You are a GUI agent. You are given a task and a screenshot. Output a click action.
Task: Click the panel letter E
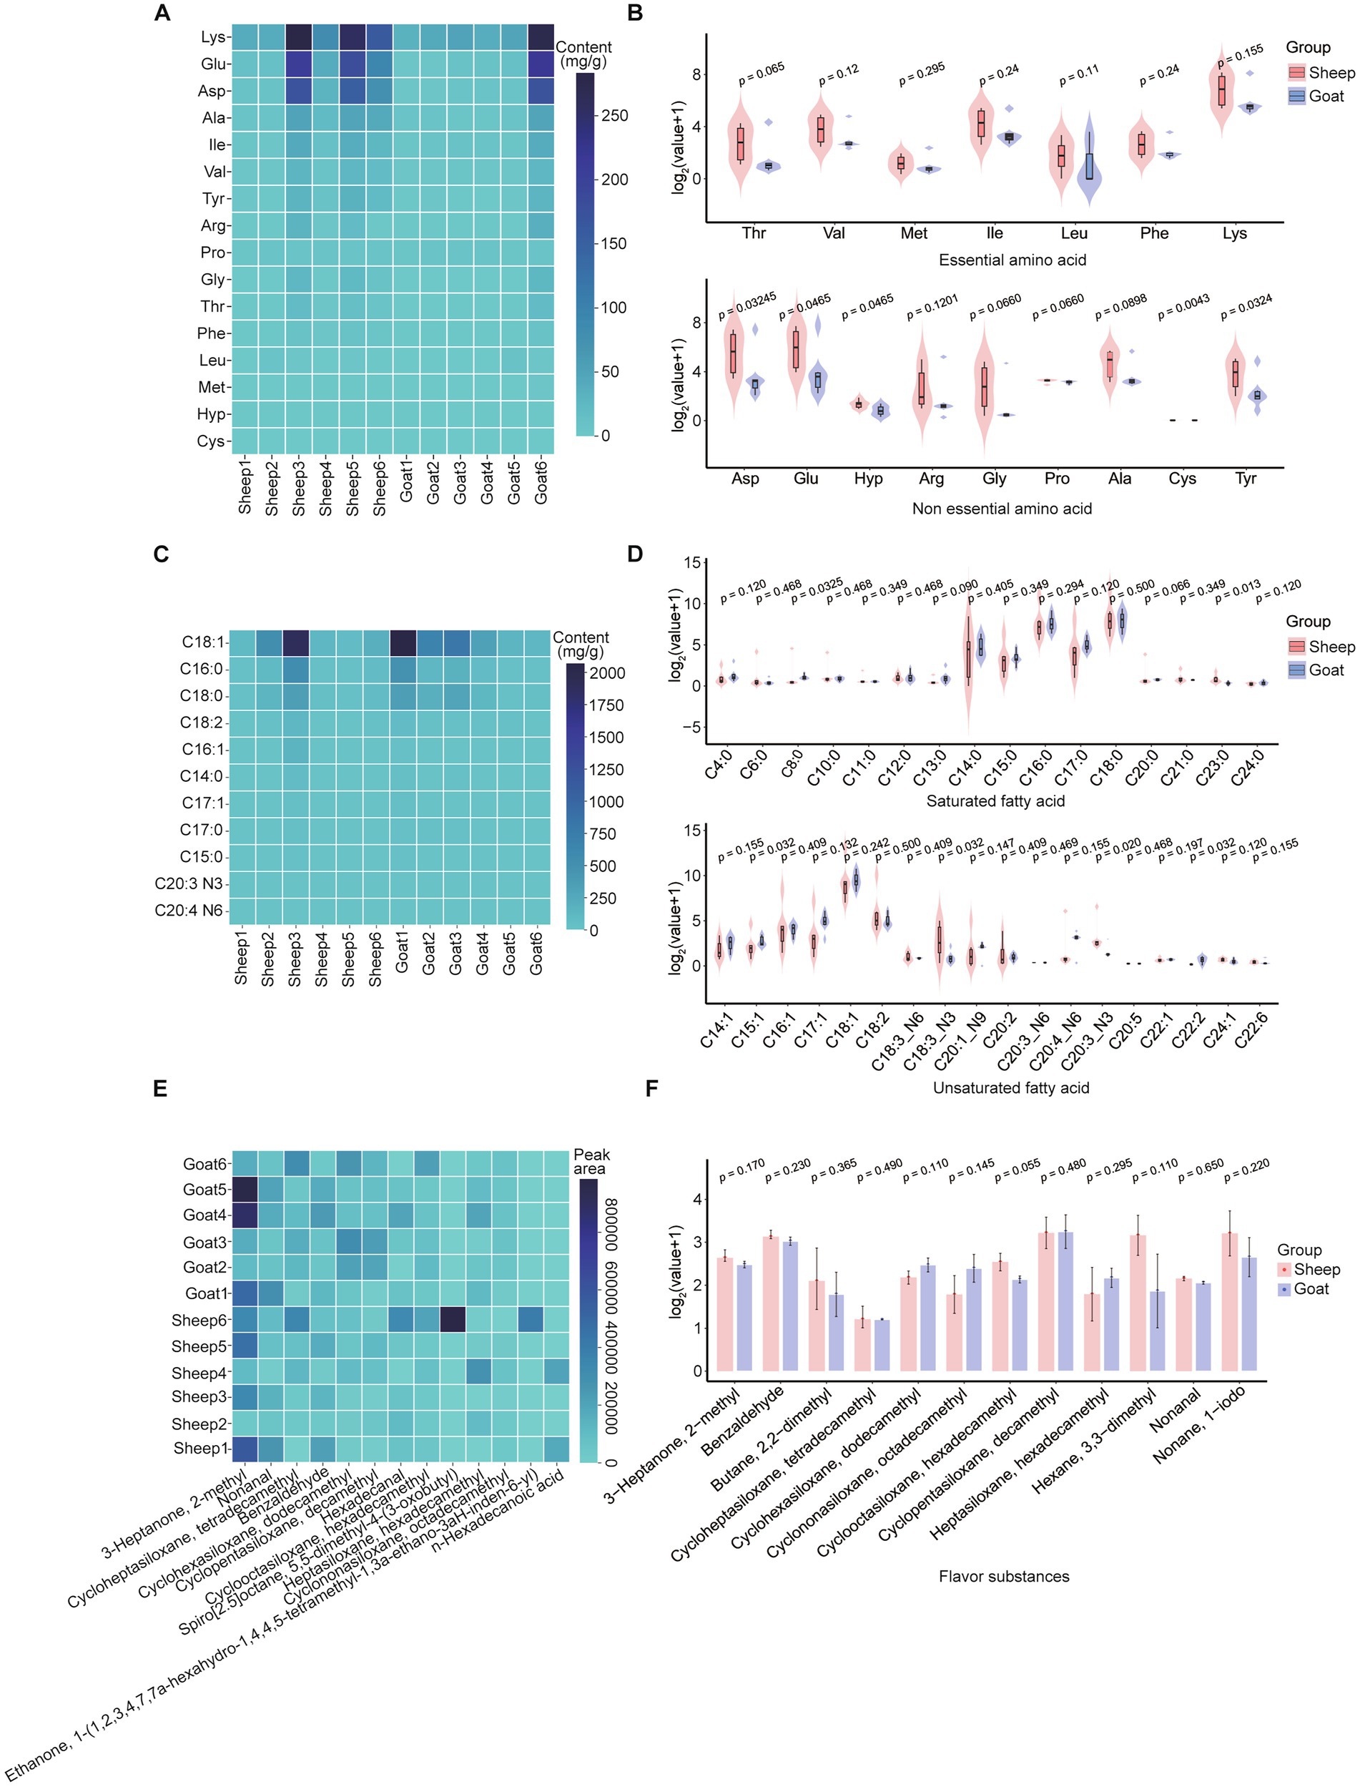point(160,1089)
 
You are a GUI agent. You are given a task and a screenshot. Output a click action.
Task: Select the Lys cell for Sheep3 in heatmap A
point(298,37)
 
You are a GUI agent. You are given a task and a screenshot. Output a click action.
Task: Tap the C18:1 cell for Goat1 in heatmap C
point(403,642)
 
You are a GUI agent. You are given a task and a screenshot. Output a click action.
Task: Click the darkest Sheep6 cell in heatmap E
point(453,1320)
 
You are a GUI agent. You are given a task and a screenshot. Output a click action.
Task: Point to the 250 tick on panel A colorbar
point(614,116)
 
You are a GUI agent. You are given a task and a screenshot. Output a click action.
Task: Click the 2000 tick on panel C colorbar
point(606,673)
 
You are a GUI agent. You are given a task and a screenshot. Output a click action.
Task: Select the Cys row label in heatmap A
point(210,441)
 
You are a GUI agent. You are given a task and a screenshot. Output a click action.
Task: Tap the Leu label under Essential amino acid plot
point(1073,233)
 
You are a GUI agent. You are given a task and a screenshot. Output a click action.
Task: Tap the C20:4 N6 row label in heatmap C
point(189,910)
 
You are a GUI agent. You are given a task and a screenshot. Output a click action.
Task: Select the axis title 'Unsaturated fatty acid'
point(1010,1087)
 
